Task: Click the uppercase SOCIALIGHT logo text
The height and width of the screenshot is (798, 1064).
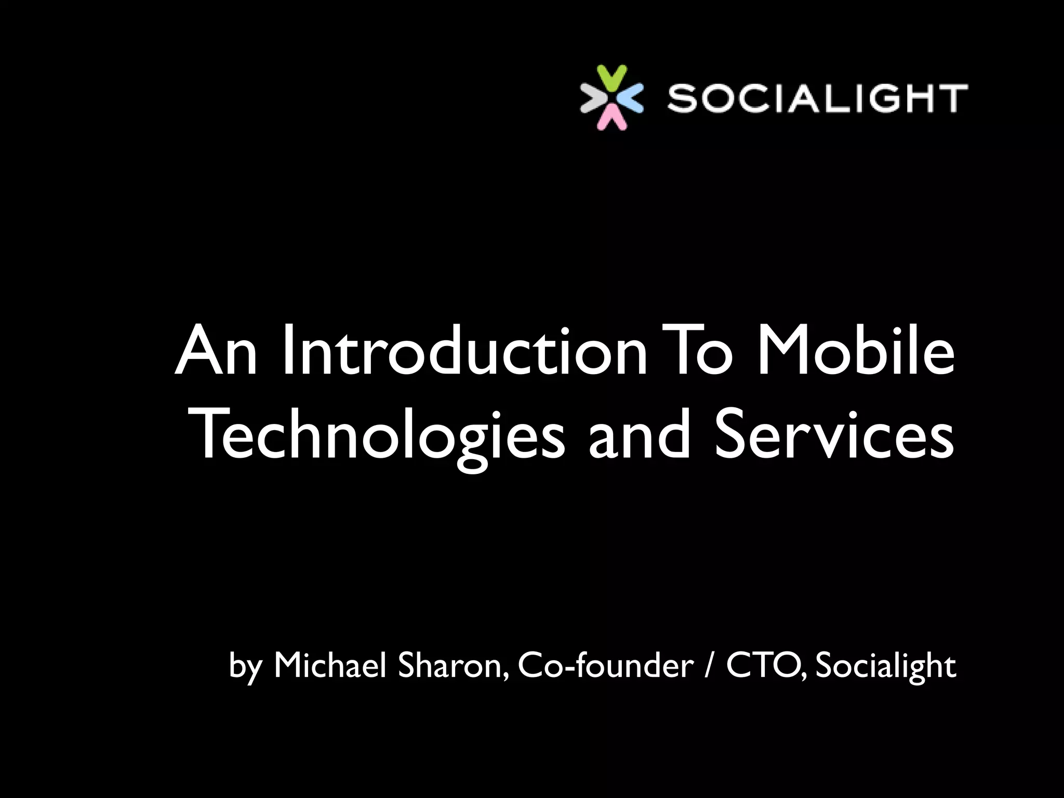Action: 817,98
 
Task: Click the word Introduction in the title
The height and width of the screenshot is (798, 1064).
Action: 465,351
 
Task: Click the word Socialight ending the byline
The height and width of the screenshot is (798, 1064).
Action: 886,666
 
